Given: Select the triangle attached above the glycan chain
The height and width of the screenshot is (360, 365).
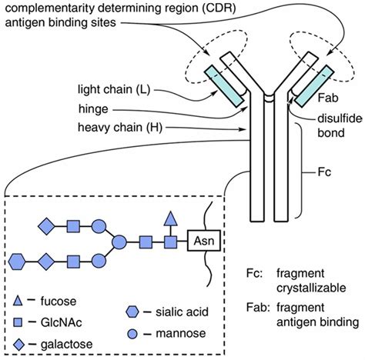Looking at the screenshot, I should point(170,221).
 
